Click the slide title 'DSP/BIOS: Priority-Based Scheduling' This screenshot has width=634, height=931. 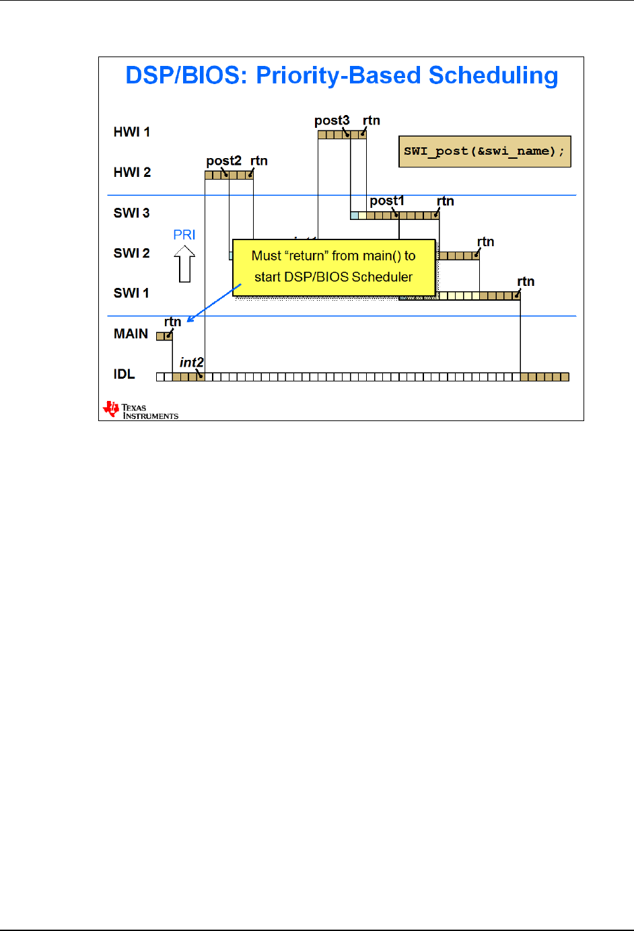[342, 75]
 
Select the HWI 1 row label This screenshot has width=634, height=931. [132, 132]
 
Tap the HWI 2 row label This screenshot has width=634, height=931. [132, 172]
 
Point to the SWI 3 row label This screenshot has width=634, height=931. [132, 213]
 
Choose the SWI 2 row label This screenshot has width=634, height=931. [132, 253]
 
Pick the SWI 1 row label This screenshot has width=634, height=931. [132, 293]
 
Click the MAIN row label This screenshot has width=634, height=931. [131, 334]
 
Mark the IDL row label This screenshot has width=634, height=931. [124, 374]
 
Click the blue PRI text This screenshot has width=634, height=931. [184, 235]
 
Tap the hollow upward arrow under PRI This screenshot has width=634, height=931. [184, 264]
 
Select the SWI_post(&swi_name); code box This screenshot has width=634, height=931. [485, 151]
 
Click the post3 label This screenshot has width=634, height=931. [332, 120]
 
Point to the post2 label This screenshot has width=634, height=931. [223, 161]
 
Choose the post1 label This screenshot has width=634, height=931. [387, 200]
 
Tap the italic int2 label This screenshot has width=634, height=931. [191, 363]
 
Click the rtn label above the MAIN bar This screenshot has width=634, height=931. [173, 322]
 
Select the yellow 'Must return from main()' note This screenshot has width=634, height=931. [334, 266]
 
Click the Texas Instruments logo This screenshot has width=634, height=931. [140, 410]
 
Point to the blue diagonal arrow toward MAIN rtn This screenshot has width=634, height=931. [213, 303]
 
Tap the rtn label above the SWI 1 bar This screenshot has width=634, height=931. [526, 281]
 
